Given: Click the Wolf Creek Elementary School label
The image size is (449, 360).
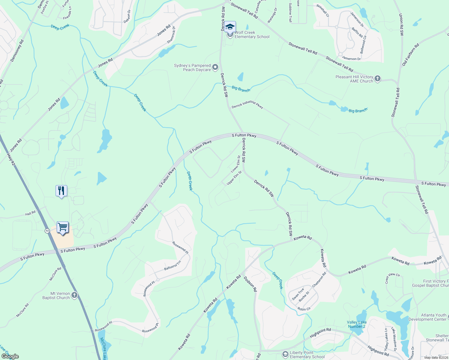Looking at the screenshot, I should tap(252, 35).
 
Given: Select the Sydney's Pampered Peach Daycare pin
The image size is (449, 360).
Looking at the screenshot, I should tap(215, 67).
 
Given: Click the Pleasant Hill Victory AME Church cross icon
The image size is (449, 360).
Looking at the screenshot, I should tap(378, 79).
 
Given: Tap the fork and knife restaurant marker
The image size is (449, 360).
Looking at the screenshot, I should tap(61, 191).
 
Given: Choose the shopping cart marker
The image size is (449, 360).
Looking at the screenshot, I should tap(62, 227).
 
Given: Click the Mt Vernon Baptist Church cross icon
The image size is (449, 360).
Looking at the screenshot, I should tap(74, 295).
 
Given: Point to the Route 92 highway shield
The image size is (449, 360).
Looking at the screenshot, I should tap(47, 231).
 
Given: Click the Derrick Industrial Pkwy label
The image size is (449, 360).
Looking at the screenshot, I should tap(247, 105).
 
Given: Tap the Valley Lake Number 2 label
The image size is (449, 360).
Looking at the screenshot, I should tap(357, 324).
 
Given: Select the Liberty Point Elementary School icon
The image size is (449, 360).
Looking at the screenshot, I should tap(285, 355).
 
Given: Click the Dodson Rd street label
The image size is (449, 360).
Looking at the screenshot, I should tap(250, 284).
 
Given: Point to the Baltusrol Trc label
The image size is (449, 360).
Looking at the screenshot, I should tap(173, 265).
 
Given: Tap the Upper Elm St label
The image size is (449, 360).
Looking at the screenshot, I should tap(234, 178).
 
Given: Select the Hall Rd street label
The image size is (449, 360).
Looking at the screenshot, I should tap(30, 214).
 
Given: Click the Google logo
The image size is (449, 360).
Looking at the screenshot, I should tap(10, 356).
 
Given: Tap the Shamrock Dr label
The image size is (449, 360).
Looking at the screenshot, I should tap(171, 35).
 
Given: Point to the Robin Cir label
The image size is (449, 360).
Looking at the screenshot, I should tap(304, 309).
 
